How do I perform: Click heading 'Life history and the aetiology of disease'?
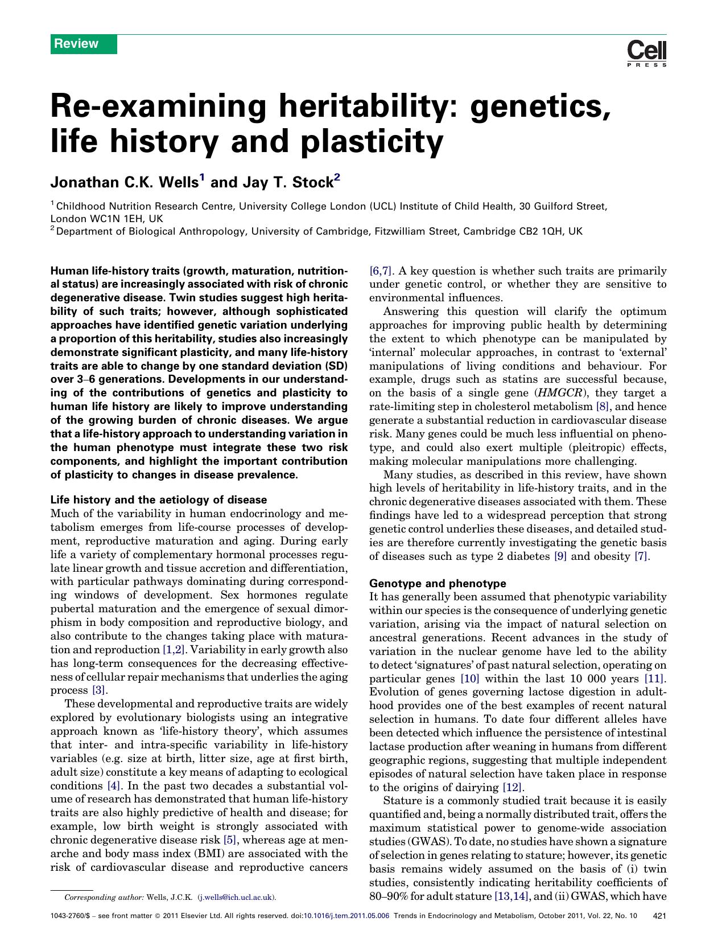159,499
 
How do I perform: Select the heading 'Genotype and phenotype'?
438,583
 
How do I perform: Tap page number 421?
660,916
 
